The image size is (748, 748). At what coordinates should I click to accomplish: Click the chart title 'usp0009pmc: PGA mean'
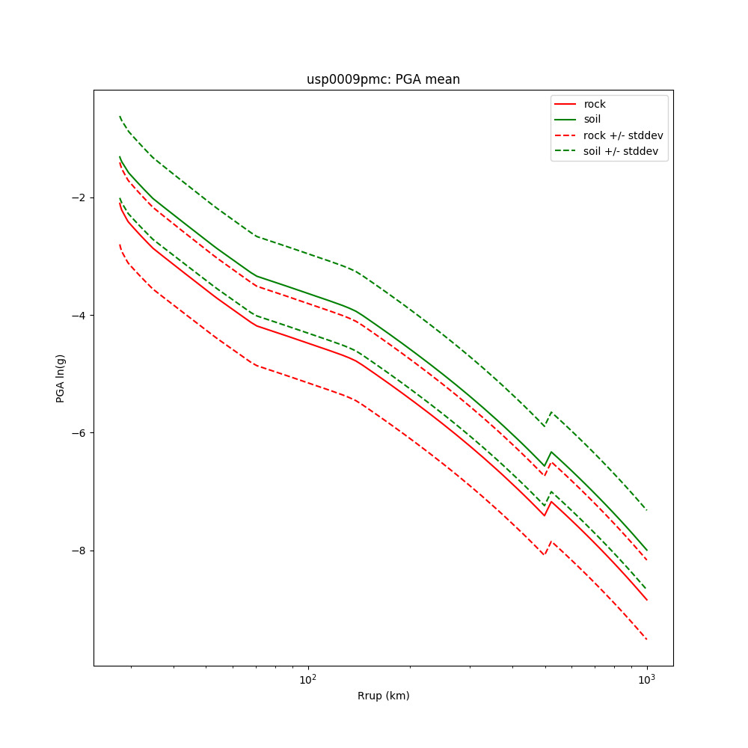tap(383, 80)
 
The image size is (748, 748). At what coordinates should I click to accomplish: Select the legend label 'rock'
tap(595, 104)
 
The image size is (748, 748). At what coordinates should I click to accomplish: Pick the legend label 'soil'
tap(592, 120)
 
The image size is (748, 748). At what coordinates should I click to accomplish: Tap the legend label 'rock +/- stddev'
tap(623, 135)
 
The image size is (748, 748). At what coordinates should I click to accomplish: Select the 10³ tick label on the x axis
tap(647, 680)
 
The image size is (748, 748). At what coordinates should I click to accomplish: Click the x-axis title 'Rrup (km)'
tap(383, 696)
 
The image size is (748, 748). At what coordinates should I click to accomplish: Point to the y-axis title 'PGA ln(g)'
tap(61, 378)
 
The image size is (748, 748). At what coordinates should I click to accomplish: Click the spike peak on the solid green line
tap(551, 452)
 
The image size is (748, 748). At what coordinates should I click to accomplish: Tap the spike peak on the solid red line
tap(551, 501)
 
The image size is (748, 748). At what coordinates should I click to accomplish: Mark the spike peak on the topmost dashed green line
tap(551, 412)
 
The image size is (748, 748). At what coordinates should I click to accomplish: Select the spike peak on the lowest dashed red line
tap(551, 541)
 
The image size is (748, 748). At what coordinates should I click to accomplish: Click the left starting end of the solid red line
tap(120, 203)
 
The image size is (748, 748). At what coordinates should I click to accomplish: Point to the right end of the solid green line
tap(647, 551)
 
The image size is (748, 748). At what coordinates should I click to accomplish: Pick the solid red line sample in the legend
tap(565, 104)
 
